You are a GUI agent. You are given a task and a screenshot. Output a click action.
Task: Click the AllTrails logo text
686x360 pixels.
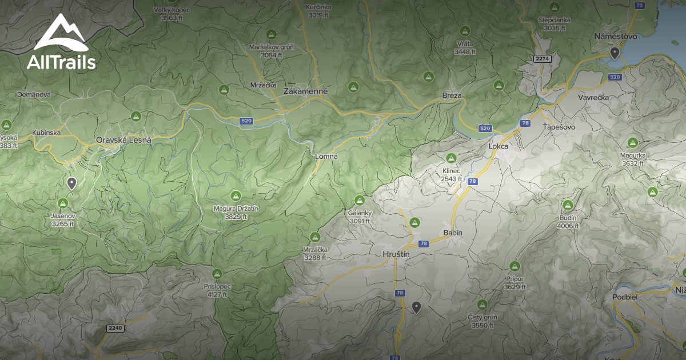(61, 62)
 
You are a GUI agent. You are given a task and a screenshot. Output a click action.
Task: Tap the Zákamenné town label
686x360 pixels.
(306, 91)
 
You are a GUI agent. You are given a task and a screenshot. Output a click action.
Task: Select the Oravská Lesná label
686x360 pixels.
(123, 140)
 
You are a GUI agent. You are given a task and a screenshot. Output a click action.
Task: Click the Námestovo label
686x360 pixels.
(615, 36)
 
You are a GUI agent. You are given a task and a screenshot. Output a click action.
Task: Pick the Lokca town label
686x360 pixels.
(498, 146)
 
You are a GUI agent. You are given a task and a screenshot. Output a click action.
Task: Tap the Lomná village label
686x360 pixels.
(328, 155)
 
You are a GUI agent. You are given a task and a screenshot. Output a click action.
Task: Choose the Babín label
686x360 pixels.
(453, 233)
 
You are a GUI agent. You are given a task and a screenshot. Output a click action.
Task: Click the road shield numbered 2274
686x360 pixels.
(542, 59)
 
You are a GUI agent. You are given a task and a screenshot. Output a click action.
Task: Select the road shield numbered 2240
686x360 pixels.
(115, 328)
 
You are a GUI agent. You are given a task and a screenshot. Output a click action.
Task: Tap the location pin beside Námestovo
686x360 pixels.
(615, 53)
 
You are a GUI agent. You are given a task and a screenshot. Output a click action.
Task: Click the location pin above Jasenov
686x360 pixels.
(71, 183)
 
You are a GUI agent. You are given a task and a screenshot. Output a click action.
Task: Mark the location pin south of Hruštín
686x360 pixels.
(417, 307)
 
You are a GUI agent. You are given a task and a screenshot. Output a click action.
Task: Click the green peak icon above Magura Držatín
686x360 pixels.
(236, 195)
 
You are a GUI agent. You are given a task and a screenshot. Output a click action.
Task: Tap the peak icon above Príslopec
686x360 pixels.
(217, 274)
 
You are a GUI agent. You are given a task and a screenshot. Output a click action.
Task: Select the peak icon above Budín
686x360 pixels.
(568, 205)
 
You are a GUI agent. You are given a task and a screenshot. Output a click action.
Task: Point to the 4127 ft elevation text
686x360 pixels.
(217, 295)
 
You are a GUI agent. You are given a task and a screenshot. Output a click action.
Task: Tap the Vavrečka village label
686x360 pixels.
(593, 97)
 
